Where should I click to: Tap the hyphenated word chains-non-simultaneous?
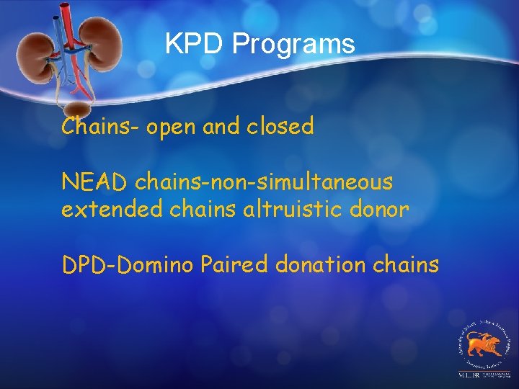coord(265,182)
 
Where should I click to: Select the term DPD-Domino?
coord(127,265)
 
